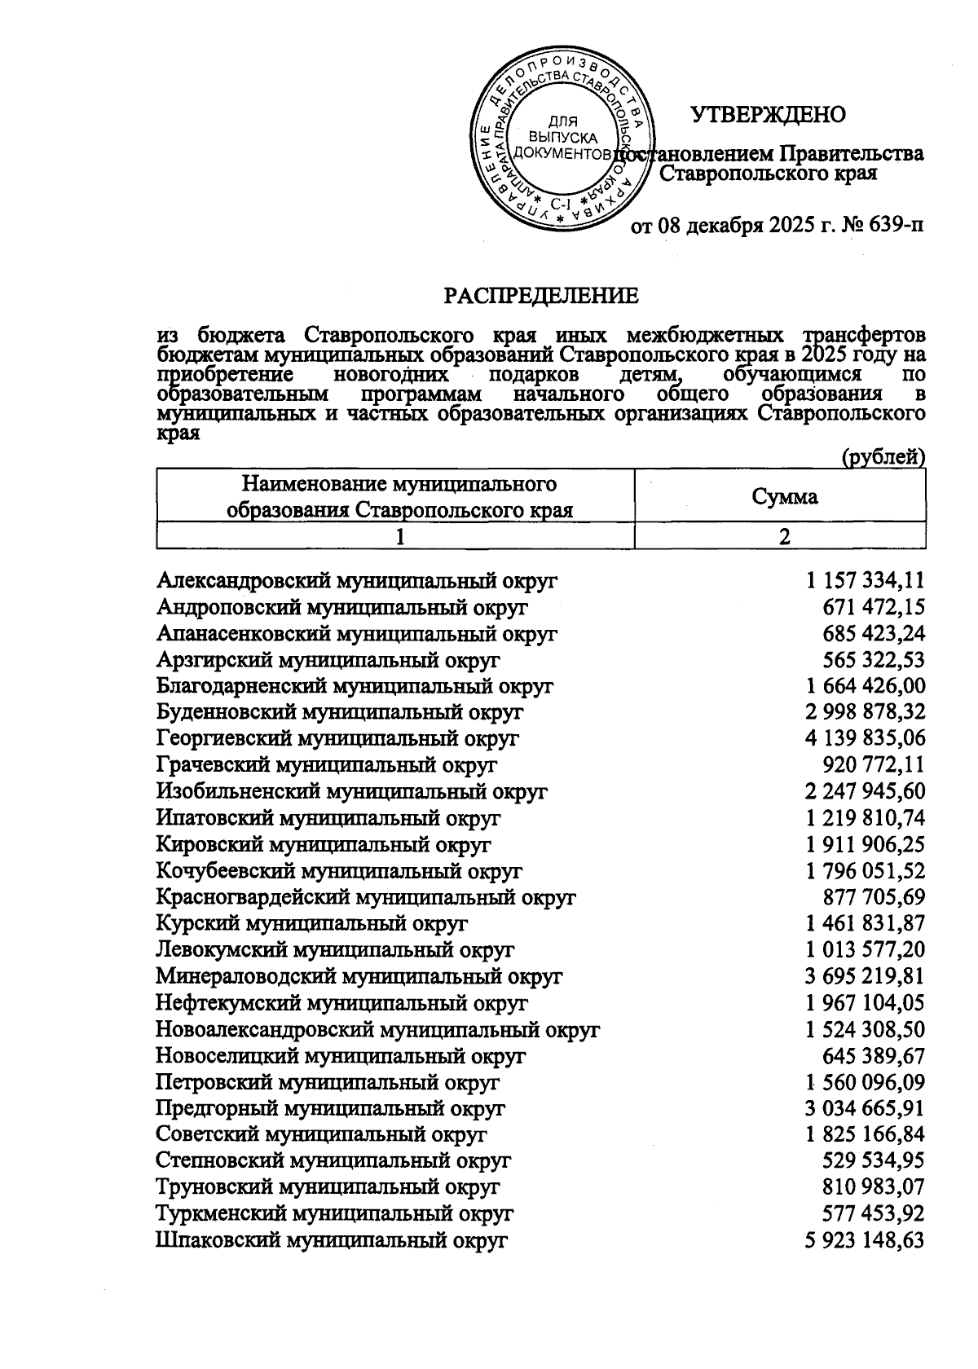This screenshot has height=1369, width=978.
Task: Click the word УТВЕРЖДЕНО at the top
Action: (768, 114)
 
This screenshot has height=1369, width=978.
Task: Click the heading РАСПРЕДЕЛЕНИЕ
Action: (541, 296)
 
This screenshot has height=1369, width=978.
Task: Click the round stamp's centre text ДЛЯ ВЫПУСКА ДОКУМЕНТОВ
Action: (563, 138)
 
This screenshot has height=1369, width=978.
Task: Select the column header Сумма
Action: (784, 496)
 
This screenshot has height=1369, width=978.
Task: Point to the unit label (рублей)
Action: (883, 457)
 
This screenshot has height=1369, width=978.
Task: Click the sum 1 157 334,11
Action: (866, 580)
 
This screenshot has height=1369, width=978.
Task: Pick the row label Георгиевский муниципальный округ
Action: (337, 738)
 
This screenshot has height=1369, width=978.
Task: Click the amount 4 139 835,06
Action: (865, 738)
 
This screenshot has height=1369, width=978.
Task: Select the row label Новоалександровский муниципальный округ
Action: (377, 1029)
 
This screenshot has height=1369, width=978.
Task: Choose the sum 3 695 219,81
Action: (865, 976)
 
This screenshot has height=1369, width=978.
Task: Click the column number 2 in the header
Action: (784, 537)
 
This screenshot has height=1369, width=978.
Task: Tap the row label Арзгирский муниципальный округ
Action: (328, 659)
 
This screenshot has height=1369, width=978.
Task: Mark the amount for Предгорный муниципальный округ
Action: (865, 1108)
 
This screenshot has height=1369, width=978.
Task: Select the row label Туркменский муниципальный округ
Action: (334, 1214)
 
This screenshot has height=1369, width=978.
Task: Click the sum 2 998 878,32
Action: (865, 712)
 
